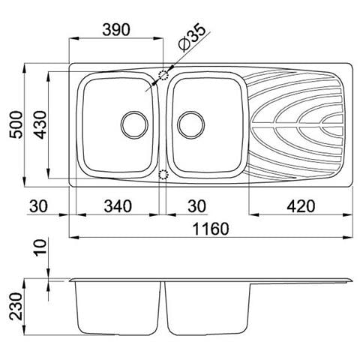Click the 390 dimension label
tap(116, 30)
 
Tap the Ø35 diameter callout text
tap(192, 37)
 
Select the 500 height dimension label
tap(16, 124)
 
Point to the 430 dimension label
tap(40, 124)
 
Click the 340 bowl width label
tap(118, 206)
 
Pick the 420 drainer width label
tap(301, 206)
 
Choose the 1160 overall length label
tap(211, 229)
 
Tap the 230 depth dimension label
tap(16, 307)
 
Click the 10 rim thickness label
tap(40, 247)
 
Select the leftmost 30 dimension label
tap(38, 206)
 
